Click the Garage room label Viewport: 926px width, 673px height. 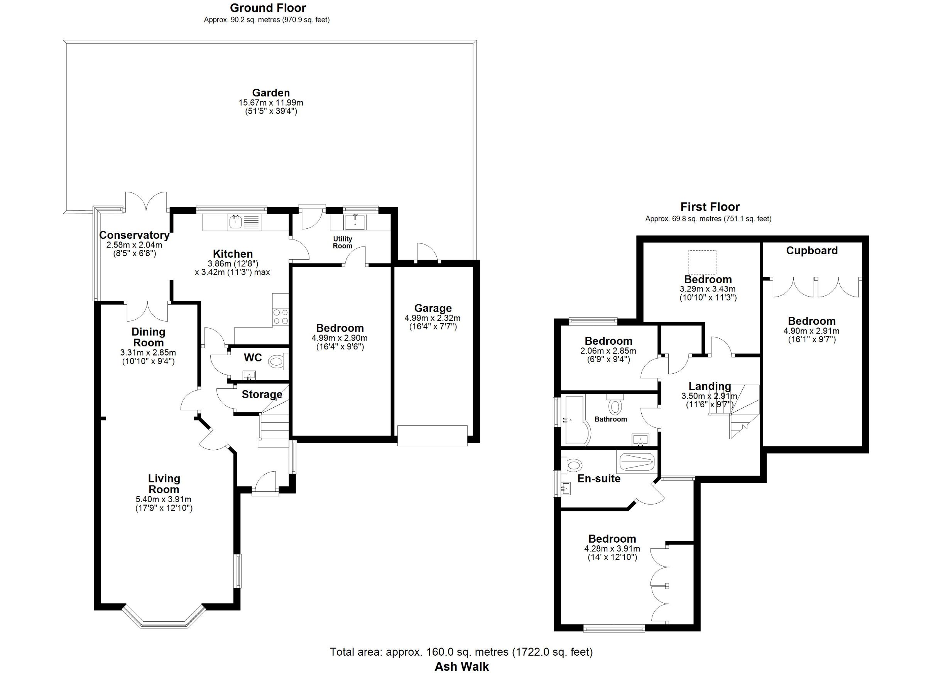point(433,309)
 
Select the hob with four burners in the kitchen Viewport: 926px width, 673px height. point(281,316)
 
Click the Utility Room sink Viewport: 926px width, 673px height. point(355,222)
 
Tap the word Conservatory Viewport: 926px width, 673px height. point(134,235)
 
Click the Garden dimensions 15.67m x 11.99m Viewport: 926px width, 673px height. point(271,103)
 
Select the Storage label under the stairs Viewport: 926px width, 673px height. point(262,394)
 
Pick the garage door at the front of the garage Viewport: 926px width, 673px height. point(433,436)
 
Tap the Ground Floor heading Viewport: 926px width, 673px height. point(268,8)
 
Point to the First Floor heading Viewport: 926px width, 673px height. point(710,207)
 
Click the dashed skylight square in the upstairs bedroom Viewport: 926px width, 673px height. point(702,262)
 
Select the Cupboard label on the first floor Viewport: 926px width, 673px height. point(812,251)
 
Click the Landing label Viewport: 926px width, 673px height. point(710,386)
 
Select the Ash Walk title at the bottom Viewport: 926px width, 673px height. point(462,666)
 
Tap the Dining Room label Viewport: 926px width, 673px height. point(148,337)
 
